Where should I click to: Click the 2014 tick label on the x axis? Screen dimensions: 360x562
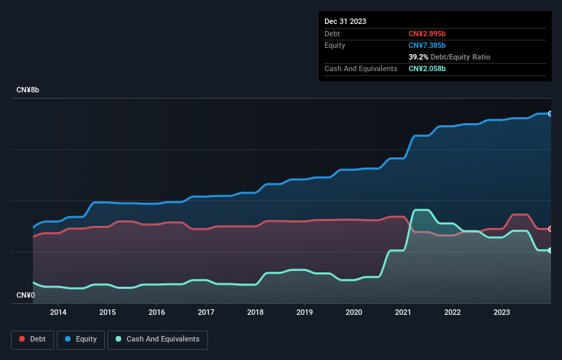coord(58,312)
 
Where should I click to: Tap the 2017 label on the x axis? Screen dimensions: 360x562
coord(206,312)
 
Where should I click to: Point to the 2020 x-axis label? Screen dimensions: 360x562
coord(354,312)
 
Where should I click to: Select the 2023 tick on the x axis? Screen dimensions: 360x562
coord(502,312)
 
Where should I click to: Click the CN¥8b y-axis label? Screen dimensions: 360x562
coord(29,90)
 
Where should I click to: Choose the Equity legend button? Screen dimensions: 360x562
coord(81,339)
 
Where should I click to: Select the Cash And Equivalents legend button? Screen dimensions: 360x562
coord(157,339)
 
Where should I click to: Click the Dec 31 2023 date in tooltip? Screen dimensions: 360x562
coord(346,21)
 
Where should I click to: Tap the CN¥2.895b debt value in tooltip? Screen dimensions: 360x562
coord(428,34)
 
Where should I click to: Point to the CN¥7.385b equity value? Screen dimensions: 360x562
coord(428,45)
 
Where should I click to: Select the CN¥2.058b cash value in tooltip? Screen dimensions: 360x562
coord(428,68)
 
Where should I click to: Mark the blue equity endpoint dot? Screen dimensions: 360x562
coord(550,114)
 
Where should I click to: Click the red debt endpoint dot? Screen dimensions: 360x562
coord(550,229)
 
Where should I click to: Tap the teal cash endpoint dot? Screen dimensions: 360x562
coord(550,250)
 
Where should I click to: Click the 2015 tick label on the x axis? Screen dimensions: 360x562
coord(107,312)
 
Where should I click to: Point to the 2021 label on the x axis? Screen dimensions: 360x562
coord(403,312)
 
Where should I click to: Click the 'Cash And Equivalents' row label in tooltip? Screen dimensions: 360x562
coord(361,68)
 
